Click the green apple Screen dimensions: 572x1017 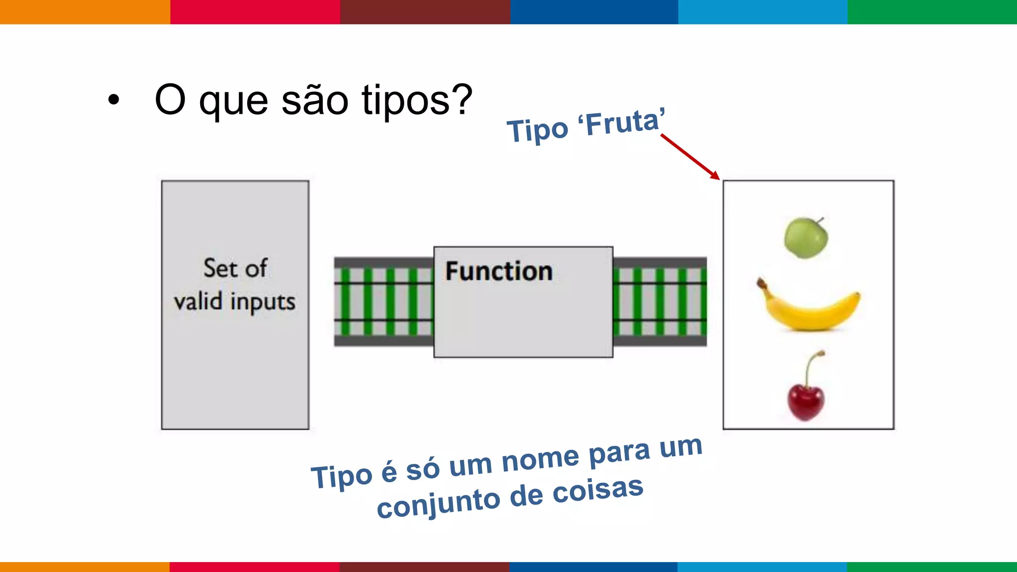pos(805,238)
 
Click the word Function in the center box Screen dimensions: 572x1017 pos(499,271)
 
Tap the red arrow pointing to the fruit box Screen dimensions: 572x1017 pos(690,156)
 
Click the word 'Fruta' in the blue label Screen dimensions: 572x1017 pos(623,122)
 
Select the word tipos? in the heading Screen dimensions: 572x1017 pos(417,100)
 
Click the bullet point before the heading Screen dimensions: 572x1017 pos(114,100)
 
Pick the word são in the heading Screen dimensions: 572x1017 pos(315,100)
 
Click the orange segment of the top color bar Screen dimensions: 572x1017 pos(84,12)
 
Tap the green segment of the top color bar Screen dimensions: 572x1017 pos(932,12)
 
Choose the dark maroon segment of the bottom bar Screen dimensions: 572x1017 pos(424,567)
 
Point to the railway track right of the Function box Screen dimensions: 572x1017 pos(659,302)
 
